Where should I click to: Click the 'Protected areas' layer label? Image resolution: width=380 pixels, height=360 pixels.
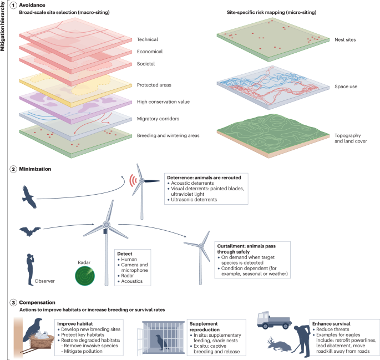154,85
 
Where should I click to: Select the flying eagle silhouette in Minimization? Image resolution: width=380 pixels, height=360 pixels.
29,196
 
